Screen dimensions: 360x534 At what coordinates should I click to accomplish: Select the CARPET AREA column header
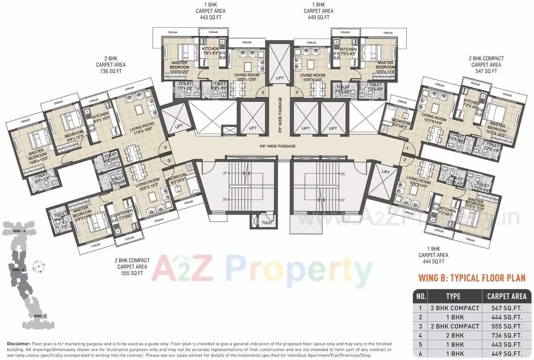507,296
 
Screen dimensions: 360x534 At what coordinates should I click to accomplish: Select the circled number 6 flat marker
297,92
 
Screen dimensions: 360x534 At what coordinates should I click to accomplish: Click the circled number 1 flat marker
406,148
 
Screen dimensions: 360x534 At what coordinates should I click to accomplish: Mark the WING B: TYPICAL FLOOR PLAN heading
472,278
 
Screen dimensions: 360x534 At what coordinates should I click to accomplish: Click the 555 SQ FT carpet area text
130,273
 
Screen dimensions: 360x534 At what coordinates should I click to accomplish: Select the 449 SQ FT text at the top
317,17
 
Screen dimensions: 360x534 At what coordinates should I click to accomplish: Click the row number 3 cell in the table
420,326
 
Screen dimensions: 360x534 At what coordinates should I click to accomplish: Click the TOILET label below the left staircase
267,223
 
